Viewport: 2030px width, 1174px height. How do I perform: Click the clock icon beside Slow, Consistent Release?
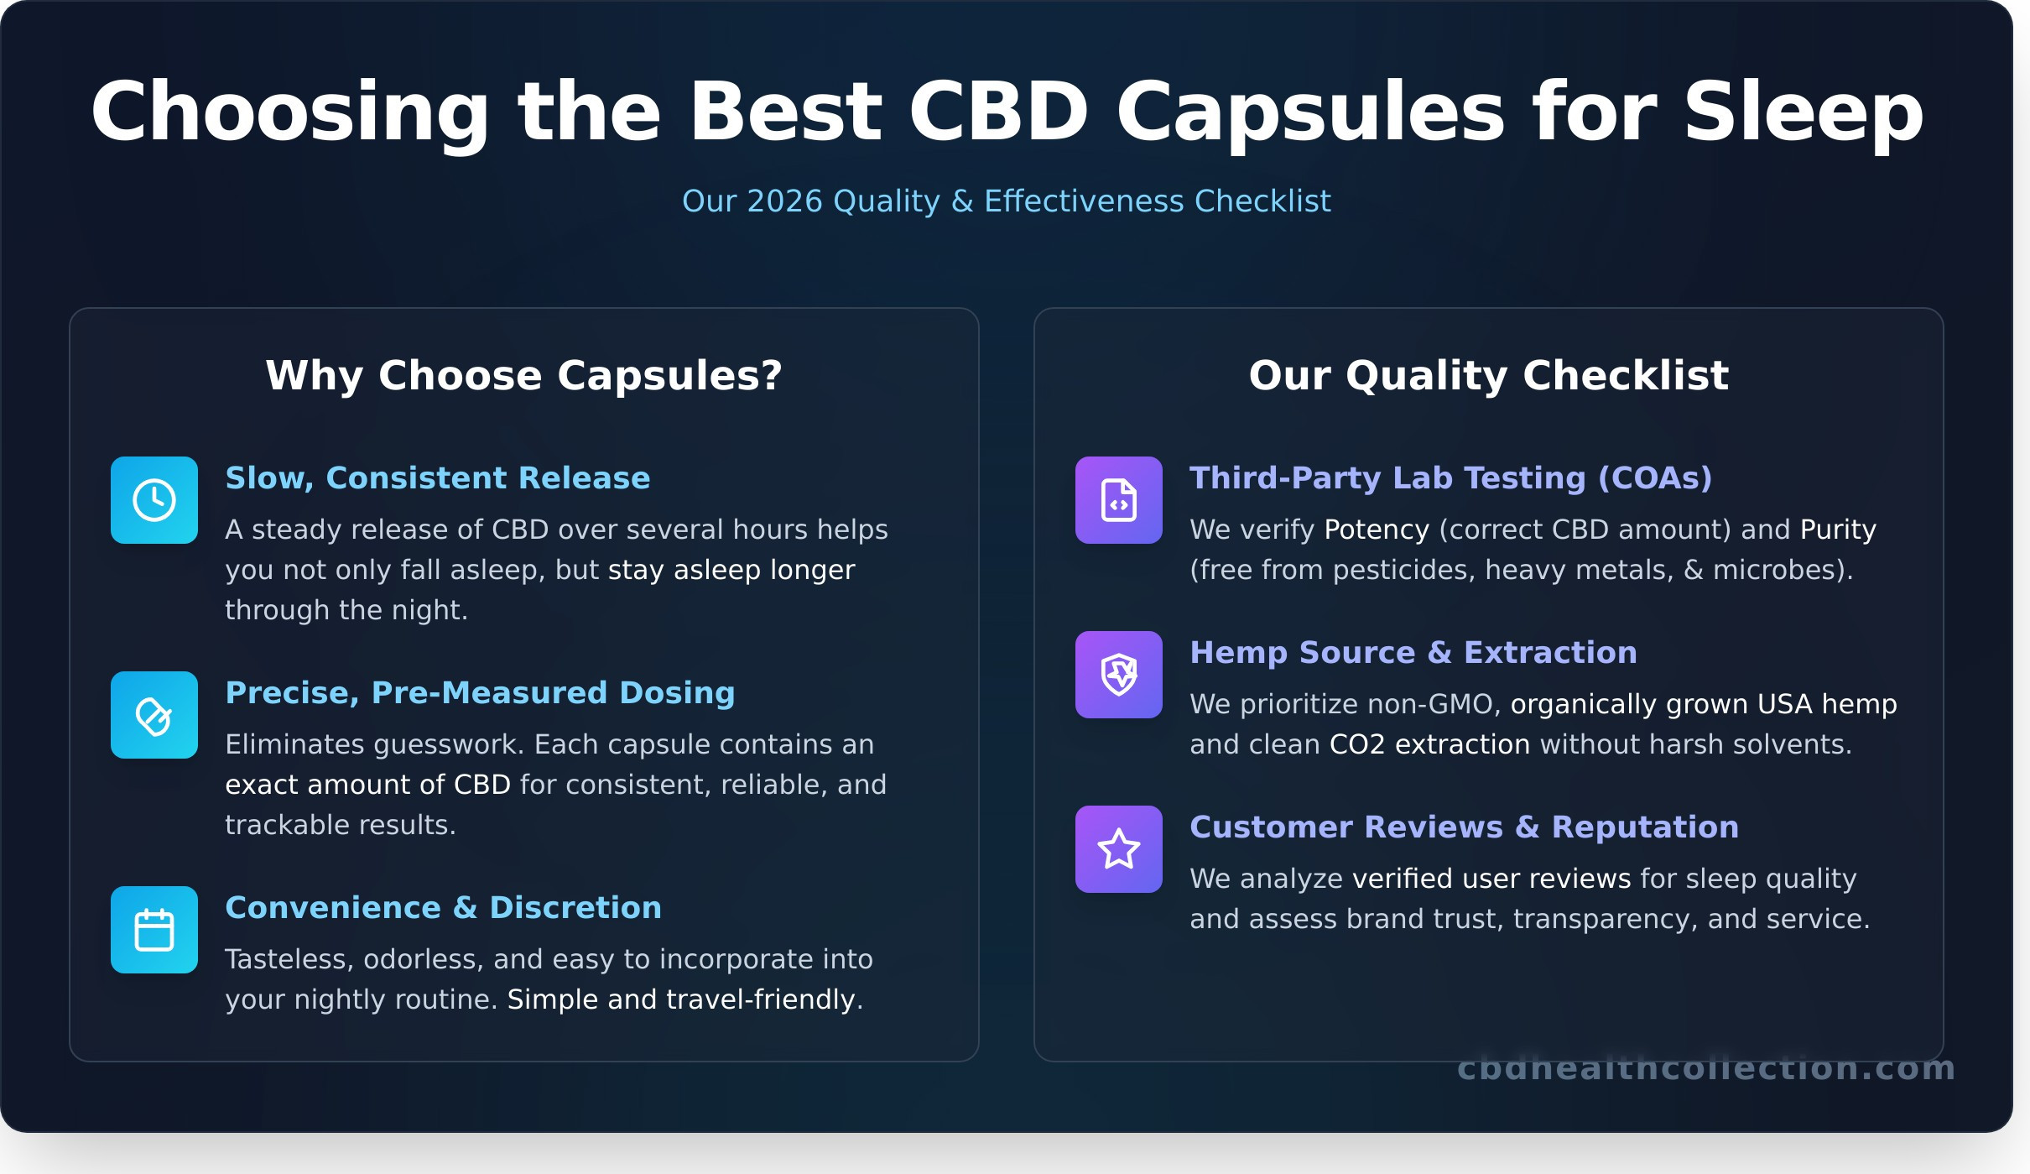(154, 500)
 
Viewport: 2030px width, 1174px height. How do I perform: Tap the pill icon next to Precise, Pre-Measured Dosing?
(154, 715)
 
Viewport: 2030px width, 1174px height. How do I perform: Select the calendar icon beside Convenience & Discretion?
(154, 930)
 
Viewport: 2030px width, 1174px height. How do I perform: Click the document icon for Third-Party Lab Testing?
(1119, 500)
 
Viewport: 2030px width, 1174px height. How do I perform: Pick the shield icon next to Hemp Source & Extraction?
(1119, 675)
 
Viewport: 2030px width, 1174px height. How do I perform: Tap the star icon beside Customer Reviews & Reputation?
(1119, 849)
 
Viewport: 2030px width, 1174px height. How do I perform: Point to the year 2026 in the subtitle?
(784, 201)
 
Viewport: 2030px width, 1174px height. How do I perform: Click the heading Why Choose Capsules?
(524, 375)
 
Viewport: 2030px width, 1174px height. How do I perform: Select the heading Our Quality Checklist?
(1489, 375)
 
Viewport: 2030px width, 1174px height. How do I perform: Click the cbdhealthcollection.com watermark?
(1706, 1068)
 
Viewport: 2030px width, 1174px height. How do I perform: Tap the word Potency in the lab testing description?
(1377, 530)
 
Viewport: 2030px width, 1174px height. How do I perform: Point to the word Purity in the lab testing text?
(1838, 530)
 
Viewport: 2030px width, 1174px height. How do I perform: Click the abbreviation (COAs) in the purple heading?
(1655, 478)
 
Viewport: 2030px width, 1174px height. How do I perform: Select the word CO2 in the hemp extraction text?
(1357, 744)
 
